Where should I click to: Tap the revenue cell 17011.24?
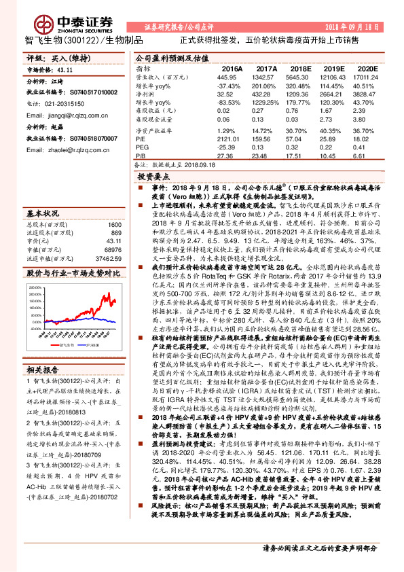pyautogui.click(x=365, y=77)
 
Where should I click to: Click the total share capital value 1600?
pyautogui.click(x=115, y=225)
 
